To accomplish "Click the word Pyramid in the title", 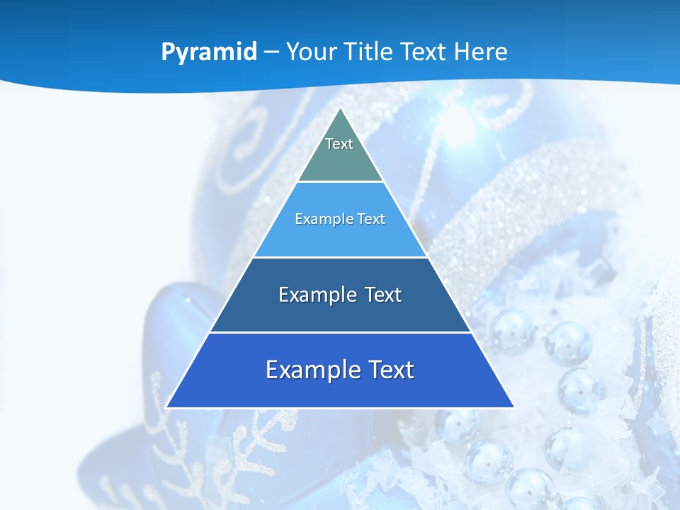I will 209,52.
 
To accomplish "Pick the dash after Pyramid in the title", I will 271,52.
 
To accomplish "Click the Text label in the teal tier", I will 339,144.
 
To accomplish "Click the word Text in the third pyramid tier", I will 383,295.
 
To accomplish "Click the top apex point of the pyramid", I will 340,108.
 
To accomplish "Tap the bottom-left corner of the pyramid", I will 166,407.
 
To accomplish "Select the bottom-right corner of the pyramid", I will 514,407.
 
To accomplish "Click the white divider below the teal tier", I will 340,182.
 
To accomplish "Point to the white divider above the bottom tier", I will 340,332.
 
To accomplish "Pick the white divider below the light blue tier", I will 340,257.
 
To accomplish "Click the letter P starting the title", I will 167,52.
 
